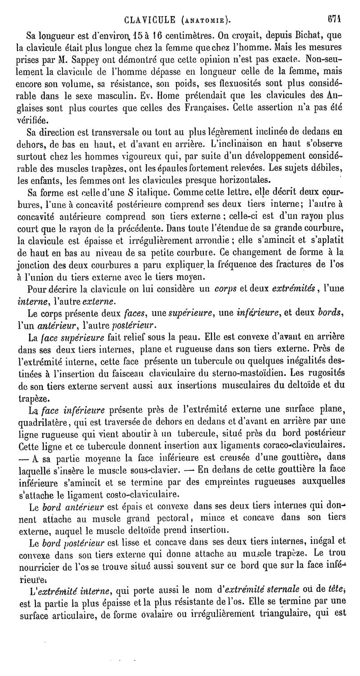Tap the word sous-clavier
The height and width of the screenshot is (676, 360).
(x=155, y=470)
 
